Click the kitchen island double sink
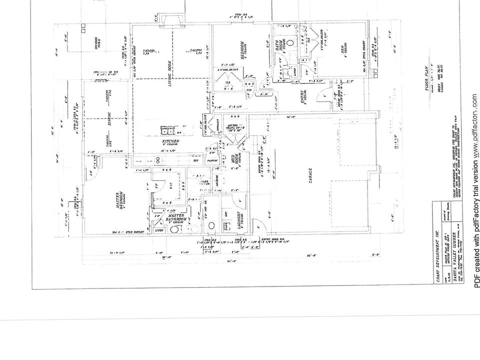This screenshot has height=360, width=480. coord(165,131)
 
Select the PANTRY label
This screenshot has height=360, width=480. coord(212,160)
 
